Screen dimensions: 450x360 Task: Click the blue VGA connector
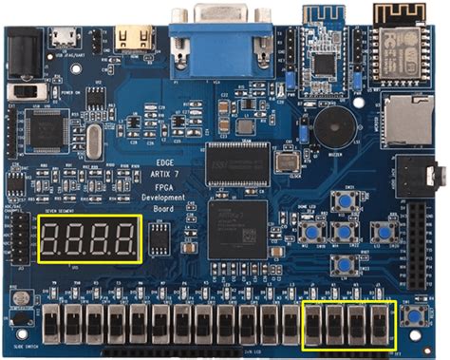click(x=219, y=28)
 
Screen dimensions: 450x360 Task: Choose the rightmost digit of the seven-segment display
click(x=125, y=239)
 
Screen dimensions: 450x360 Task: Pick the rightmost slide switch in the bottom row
click(x=379, y=323)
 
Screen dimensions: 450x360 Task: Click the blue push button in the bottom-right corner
click(x=413, y=316)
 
